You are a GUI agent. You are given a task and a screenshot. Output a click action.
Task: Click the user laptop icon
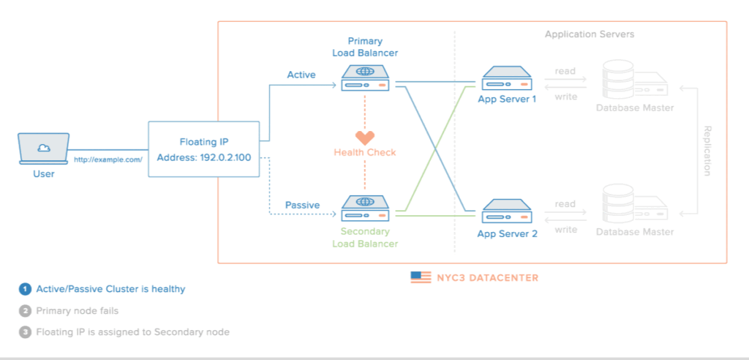point(44,148)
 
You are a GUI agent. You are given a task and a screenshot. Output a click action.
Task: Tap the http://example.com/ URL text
point(108,159)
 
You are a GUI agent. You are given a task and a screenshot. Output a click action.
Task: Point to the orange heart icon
point(365,138)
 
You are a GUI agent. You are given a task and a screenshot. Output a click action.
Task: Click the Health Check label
point(365,152)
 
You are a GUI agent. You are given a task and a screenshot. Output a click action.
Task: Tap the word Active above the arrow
point(301,75)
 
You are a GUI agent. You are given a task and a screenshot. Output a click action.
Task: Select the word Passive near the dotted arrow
point(302,205)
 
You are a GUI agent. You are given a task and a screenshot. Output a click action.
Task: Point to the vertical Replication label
point(707,150)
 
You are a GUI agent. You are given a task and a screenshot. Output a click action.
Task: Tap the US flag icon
point(421,277)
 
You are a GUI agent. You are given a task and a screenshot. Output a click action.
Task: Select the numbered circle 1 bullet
point(26,289)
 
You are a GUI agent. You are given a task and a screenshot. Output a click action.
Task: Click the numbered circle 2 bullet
point(26,310)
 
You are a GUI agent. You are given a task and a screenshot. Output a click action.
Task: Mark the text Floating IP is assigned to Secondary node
point(132,332)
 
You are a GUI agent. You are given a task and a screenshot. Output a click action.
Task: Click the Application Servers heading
point(589,34)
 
